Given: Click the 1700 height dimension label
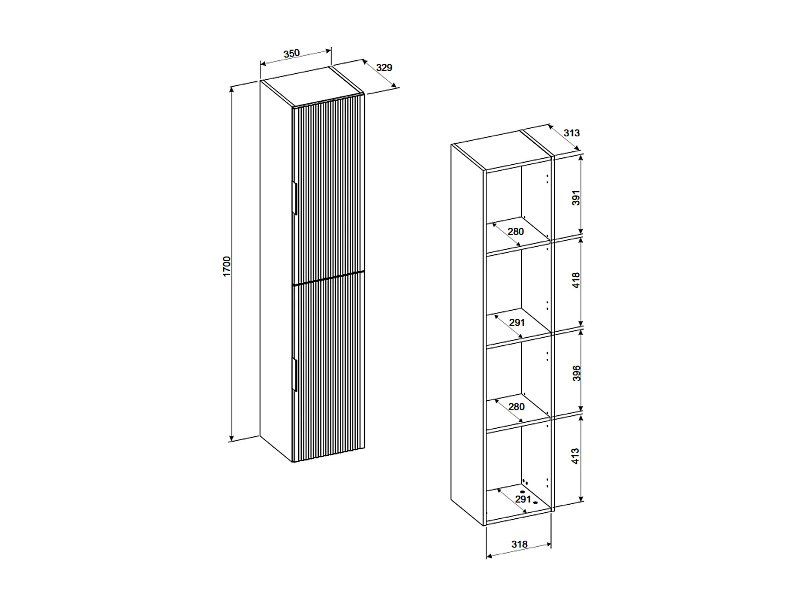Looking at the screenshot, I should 227,267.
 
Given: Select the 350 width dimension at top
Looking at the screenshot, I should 291,53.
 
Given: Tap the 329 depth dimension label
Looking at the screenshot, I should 384,68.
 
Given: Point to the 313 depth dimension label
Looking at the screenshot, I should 571,133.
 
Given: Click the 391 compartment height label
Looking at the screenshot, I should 576,198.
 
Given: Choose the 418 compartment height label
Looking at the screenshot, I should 576,280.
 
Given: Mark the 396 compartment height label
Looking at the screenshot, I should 576,373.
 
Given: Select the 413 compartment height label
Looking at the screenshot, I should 576,456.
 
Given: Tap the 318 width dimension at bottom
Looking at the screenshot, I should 519,545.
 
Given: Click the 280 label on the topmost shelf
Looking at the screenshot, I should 515,232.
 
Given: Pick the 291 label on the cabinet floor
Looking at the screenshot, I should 523,499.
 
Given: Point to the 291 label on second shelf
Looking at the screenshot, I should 516,323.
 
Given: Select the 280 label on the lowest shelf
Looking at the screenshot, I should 516,407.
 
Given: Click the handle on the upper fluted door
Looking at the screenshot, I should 294,199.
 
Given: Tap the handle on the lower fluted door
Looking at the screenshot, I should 294,373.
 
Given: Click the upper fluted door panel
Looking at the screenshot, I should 328,189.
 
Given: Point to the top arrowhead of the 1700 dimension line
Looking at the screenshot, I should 232,88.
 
